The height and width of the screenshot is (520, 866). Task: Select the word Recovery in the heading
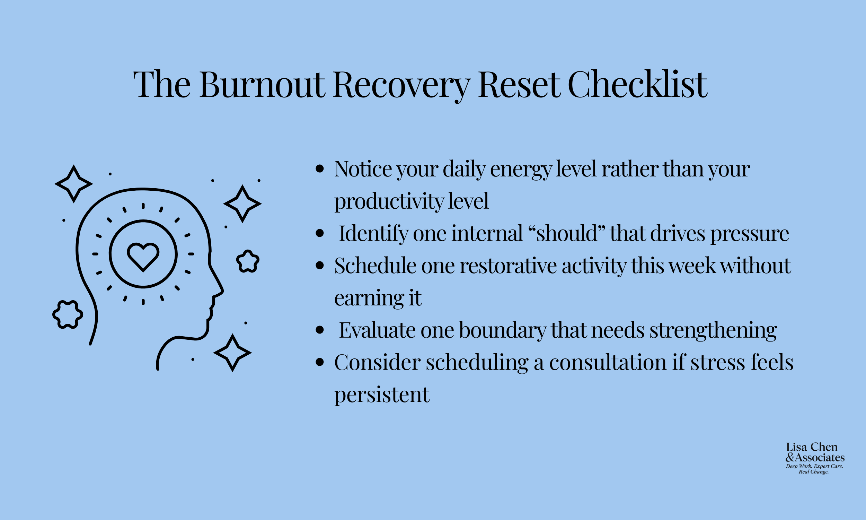click(401, 85)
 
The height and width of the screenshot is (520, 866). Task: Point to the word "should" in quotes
click(566, 233)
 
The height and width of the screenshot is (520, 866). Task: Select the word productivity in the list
click(389, 201)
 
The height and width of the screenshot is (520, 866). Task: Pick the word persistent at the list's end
click(381, 395)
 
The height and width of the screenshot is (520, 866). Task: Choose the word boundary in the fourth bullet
click(502, 330)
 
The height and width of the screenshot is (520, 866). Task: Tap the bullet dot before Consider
click(319, 362)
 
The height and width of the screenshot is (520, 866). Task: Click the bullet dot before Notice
click(319, 169)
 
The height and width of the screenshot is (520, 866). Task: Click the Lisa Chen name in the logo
click(812, 447)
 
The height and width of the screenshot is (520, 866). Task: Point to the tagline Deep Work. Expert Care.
click(814, 466)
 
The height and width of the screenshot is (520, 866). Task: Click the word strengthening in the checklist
click(713, 330)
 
